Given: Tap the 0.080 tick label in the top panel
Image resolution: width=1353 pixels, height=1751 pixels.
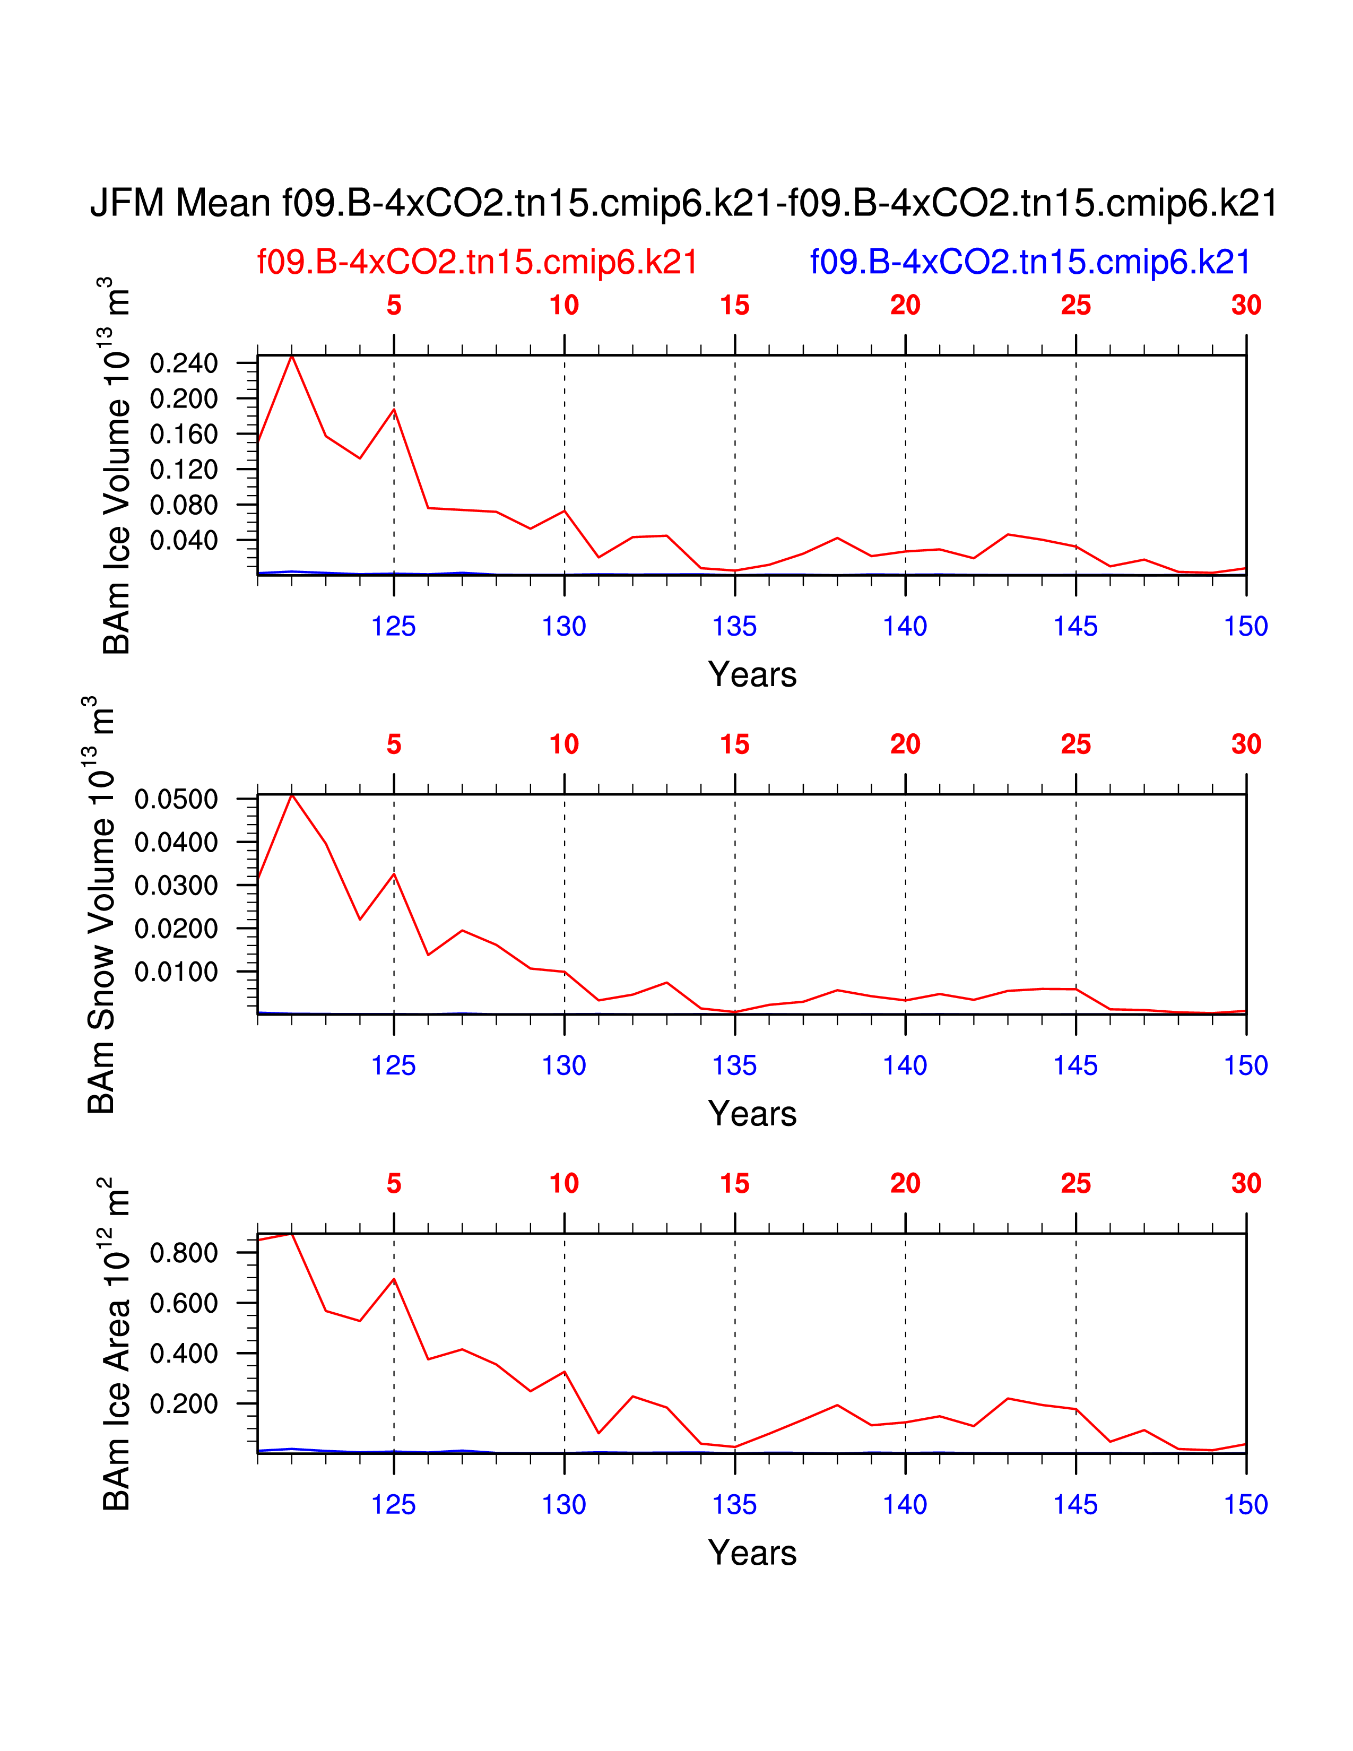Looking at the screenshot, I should point(184,505).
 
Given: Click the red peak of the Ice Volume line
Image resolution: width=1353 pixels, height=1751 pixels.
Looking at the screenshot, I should point(292,355).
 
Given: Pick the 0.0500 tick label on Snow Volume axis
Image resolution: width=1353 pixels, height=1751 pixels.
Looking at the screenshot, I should point(176,799).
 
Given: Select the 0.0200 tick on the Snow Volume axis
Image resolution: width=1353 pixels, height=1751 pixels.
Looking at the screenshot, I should point(176,929).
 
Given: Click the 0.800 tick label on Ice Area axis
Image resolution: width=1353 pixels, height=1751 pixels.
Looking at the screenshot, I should point(184,1252).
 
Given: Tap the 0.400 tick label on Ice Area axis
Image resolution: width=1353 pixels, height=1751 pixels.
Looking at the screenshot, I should point(184,1354).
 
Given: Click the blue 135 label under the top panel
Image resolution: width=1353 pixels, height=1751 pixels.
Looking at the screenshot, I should point(734,626).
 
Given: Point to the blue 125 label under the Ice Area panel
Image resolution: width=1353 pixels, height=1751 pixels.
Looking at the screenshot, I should point(394,1505).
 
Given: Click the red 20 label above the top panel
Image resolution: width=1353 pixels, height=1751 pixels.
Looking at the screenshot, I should point(905,306).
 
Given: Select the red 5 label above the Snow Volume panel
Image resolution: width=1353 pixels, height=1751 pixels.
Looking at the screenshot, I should point(394,745).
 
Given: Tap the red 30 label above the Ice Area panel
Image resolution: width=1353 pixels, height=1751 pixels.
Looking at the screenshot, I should point(1246,1183).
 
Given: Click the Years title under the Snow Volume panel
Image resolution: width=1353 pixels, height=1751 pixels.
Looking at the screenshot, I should point(752,1114).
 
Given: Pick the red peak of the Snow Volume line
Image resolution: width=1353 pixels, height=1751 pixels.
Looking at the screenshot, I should point(292,794).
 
